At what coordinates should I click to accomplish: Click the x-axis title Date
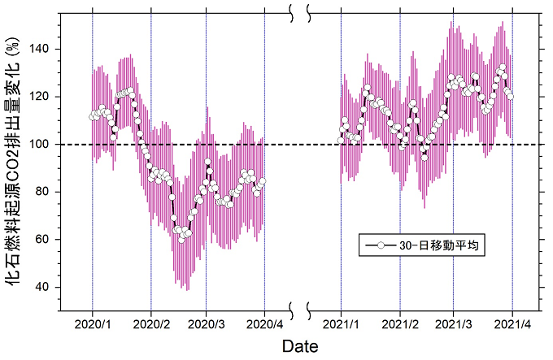point(300,347)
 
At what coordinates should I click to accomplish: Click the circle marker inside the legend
point(381,245)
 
